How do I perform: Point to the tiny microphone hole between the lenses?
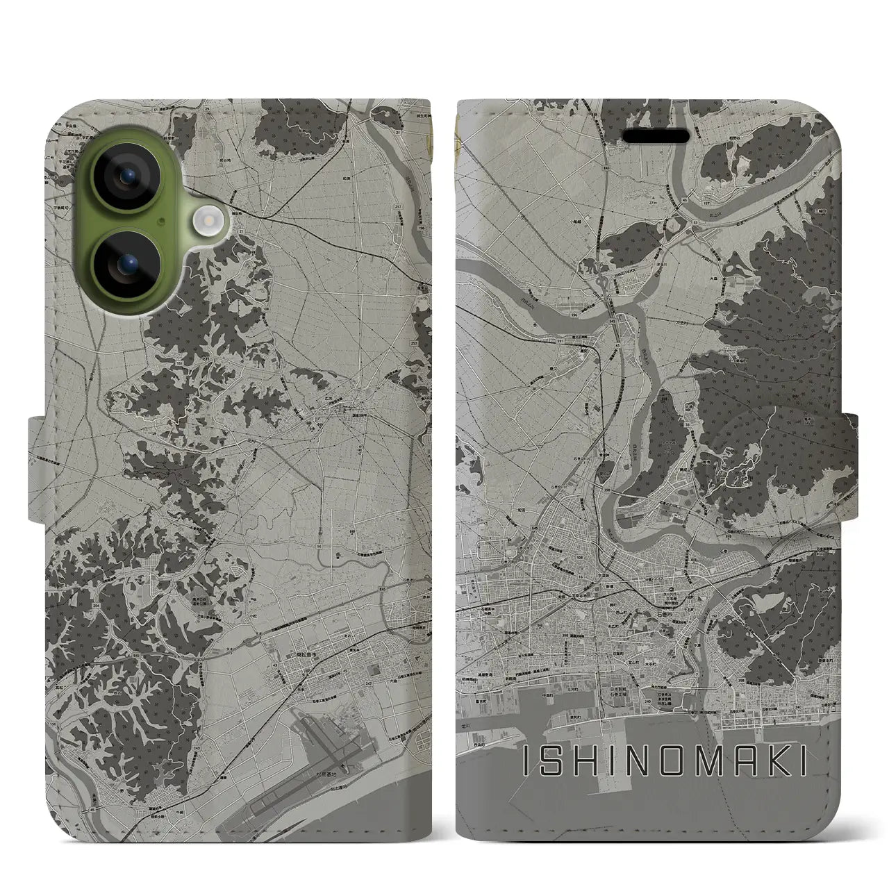point(161,222)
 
